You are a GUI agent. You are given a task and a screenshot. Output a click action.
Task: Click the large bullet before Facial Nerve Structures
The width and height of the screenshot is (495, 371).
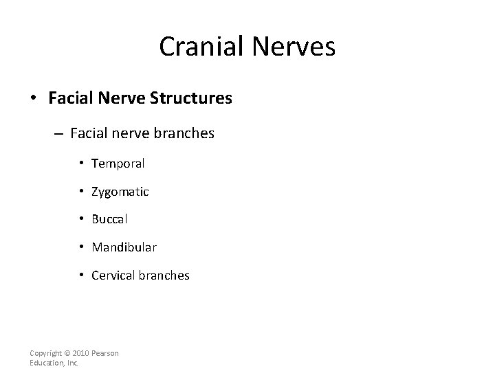(x=34, y=99)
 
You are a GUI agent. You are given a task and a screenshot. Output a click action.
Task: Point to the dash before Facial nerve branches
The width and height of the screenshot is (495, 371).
(x=60, y=134)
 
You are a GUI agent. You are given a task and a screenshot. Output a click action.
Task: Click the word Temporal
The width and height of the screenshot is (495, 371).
(x=118, y=164)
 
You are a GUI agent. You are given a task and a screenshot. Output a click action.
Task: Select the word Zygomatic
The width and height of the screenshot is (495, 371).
(x=120, y=192)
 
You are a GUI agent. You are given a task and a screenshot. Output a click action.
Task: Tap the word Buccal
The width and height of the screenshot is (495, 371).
(x=110, y=220)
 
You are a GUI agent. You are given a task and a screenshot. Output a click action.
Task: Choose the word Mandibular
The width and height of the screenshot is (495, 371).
(x=124, y=247)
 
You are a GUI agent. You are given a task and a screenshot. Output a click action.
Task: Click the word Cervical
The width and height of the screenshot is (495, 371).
(x=113, y=276)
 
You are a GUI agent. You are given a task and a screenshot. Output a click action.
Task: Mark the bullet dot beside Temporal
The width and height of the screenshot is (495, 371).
(x=82, y=164)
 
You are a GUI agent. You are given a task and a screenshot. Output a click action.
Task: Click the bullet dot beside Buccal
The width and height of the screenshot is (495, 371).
(x=82, y=220)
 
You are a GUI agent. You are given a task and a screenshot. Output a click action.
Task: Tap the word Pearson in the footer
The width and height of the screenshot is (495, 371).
(x=104, y=353)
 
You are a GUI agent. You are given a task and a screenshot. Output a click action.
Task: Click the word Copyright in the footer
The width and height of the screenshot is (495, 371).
(x=44, y=353)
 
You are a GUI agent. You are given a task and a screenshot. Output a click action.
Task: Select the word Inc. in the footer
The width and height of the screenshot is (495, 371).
(x=71, y=363)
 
